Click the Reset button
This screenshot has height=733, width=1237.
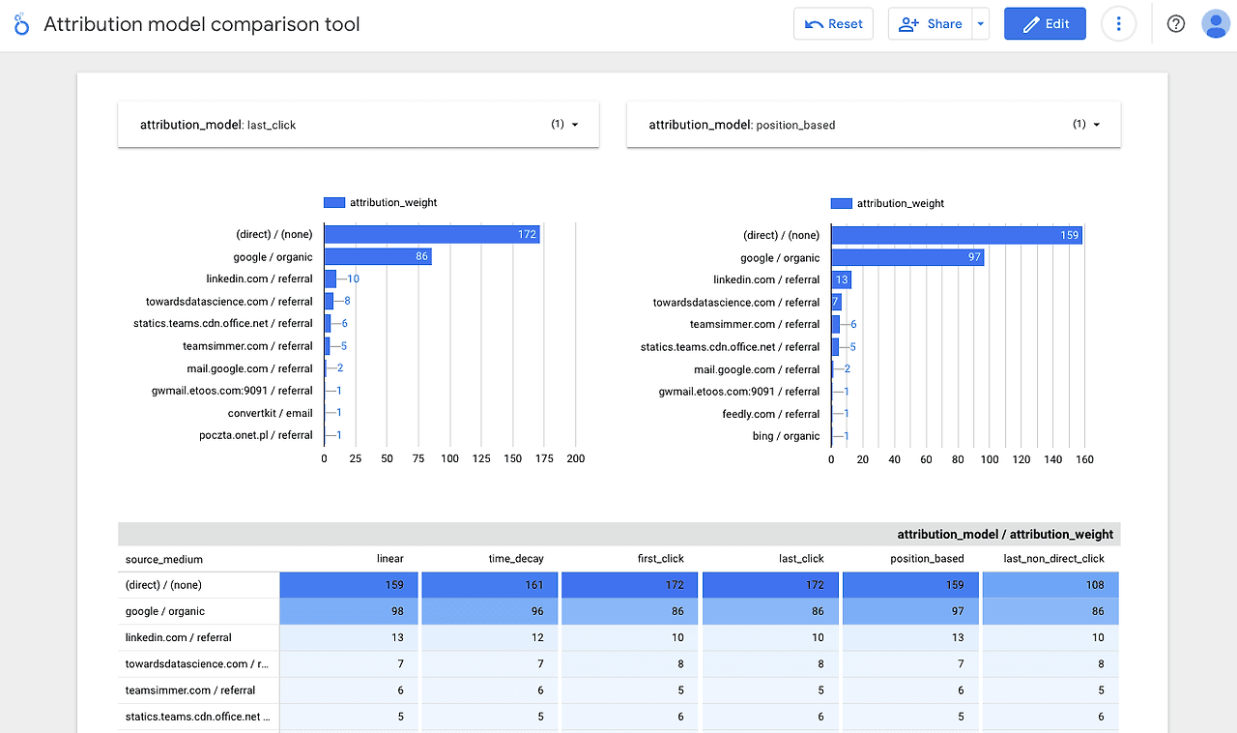[833, 24]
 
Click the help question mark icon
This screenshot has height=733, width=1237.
[1176, 24]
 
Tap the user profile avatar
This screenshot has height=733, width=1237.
[1215, 24]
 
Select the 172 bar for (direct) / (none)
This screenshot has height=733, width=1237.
[431, 234]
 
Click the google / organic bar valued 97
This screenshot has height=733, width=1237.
[906, 257]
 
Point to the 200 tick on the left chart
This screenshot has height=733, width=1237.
[576, 459]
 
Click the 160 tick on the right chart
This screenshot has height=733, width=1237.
[1084, 460]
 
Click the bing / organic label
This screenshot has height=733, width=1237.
[786, 436]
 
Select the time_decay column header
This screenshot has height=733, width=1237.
[517, 559]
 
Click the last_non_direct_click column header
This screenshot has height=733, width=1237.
[1053, 559]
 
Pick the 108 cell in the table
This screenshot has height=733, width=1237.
[1050, 585]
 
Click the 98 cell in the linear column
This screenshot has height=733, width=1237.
[350, 611]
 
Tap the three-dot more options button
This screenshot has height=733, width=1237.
[1118, 24]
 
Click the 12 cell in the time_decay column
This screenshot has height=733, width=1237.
[490, 637]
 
